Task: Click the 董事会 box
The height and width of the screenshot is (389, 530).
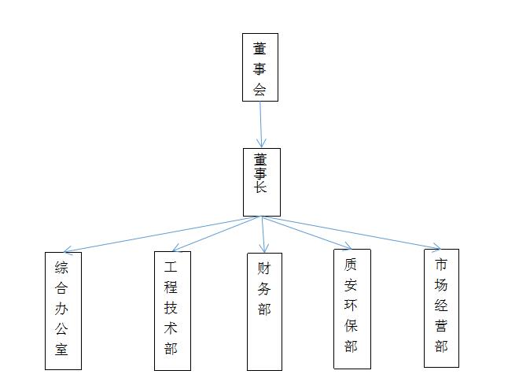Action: [259, 67]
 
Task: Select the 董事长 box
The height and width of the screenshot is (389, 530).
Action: [261, 182]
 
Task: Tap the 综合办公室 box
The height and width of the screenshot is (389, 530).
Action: [62, 310]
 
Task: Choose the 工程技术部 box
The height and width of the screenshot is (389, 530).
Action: [171, 310]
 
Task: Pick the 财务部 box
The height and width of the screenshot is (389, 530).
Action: [264, 311]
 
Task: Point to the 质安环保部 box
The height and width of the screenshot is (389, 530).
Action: [351, 309]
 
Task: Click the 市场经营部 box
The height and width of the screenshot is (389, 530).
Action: [441, 308]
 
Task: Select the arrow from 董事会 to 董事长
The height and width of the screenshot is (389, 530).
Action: [260, 124]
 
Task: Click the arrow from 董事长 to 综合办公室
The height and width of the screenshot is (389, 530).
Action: [157, 235]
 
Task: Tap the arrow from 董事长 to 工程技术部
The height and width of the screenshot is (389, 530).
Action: [212, 235]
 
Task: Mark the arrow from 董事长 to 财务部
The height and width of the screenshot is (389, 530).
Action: [263, 235]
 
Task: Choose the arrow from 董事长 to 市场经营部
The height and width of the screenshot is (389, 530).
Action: [354, 233]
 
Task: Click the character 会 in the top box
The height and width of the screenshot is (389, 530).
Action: [260, 89]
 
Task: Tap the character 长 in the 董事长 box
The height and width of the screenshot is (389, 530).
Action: [260, 187]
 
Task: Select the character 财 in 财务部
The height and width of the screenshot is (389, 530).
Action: [264, 268]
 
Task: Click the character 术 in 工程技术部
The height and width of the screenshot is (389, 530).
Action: [171, 328]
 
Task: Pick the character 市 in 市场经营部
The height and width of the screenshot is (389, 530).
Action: [441, 264]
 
